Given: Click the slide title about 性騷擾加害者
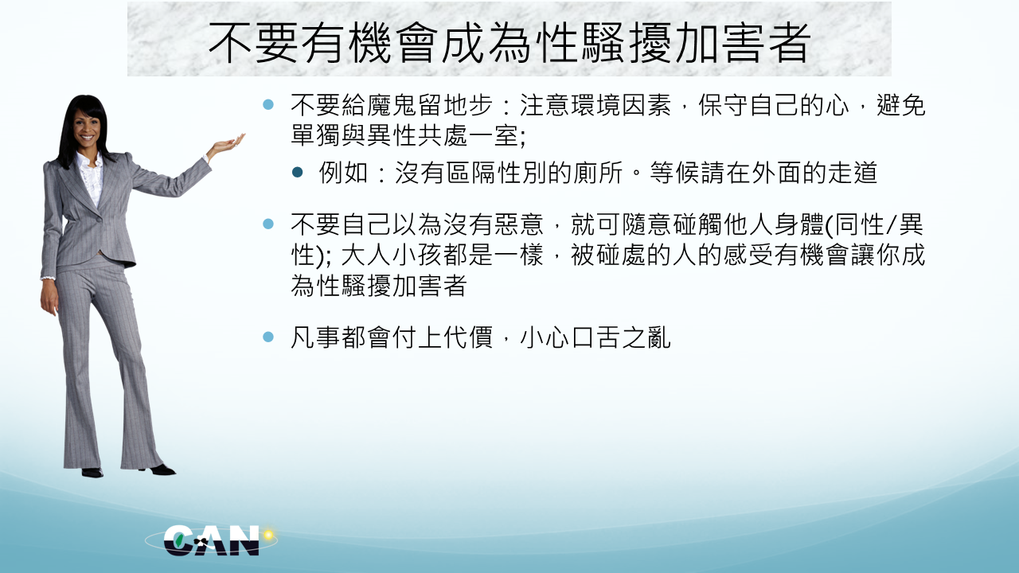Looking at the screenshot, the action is pos(509,43).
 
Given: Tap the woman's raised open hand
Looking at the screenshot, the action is pos(228,144).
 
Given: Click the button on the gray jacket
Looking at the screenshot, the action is pos(100,220).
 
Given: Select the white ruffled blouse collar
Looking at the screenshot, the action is pos(91,173).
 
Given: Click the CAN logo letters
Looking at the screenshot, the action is pos(211,540).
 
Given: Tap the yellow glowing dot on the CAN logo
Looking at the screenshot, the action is pos(268,534).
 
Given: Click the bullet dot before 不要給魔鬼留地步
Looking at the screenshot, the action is pos(268,104).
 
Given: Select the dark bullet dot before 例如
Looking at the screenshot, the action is pos(298,173).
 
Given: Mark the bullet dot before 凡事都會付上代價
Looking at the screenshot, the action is pos(268,337).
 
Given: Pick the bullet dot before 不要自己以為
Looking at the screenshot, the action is pos(268,224).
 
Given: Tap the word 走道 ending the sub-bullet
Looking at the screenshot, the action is pos(853,173).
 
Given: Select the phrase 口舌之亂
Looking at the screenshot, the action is pos(621,337).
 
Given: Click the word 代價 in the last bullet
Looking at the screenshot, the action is pos(469,337).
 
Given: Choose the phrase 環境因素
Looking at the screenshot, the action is pos(620,106).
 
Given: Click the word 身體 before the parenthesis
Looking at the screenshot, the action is pos(799,224).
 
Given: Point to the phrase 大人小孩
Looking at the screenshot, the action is pos(390,255).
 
